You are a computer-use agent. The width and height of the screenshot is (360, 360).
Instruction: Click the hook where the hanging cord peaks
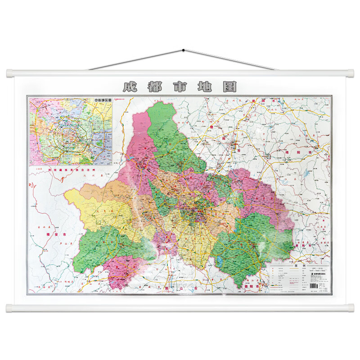coord(183,49)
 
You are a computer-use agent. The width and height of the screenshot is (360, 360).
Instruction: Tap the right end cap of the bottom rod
coord(349,308)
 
